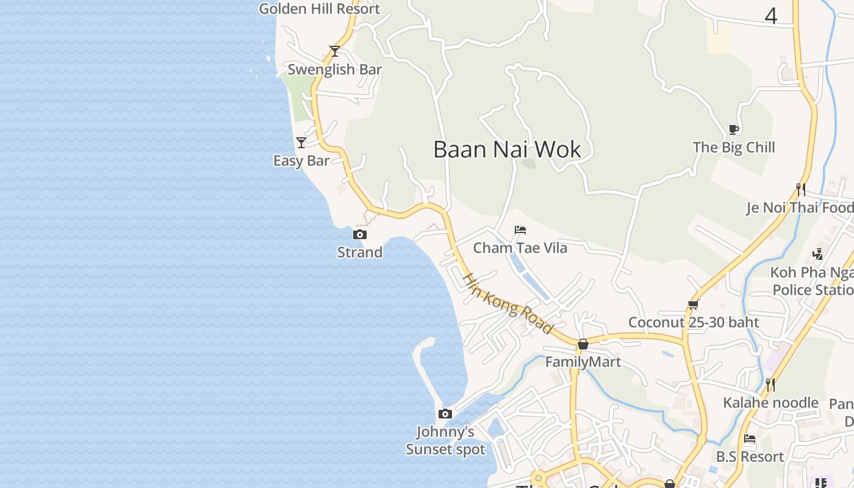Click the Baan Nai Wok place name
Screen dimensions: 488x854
507,149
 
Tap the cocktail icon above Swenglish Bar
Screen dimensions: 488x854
334,51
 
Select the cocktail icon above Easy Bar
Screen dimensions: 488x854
301,143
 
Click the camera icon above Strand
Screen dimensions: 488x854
360,234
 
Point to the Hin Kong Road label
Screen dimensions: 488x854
508,303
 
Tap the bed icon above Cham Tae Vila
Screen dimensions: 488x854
520,230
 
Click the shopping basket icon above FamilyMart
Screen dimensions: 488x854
583,344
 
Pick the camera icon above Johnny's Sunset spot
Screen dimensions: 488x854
445,414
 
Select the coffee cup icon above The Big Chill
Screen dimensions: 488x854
734,129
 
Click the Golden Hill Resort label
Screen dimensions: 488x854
319,9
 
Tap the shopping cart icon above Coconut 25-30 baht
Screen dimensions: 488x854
693,304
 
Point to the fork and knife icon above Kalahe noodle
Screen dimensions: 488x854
770,385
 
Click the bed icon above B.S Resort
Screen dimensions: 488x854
750,439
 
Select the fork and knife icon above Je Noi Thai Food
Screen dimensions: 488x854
801,190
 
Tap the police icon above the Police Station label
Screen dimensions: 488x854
818,254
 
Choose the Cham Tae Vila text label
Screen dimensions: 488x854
520,248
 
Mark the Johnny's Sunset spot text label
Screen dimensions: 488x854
446,441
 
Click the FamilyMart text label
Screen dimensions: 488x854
583,362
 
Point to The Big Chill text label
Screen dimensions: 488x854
734,147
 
